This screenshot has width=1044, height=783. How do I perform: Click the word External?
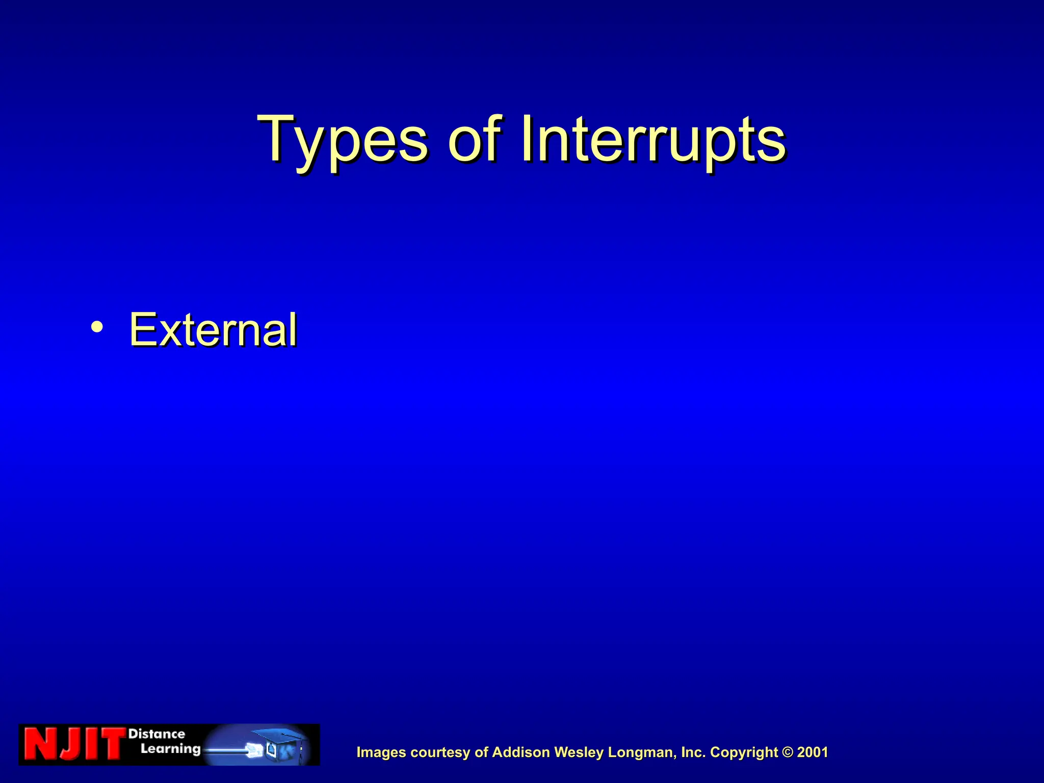(213, 330)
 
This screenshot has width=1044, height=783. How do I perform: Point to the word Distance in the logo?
(156, 734)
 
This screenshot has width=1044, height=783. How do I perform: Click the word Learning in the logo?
(171, 749)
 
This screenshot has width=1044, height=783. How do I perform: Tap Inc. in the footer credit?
(693, 752)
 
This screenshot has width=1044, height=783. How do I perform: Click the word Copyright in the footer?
(744, 752)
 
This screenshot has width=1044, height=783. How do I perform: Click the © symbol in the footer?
(788, 752)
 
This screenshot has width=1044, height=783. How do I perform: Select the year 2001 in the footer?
(813, 752)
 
